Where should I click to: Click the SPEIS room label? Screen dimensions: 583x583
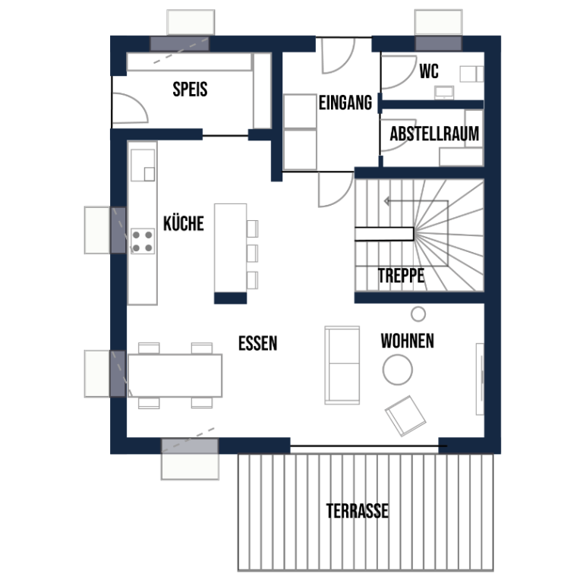click(x=190, y=90)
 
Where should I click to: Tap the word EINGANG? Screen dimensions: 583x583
click(x=345, y=102)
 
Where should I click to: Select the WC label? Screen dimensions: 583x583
click(x=429, y=71)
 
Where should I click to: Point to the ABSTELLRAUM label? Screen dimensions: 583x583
click(x=434, y=134)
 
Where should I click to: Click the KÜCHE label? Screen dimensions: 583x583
click(x=184, y=223)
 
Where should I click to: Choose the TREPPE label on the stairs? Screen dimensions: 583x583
click(x=401, y=276)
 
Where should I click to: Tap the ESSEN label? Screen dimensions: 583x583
click(x=257, y=343)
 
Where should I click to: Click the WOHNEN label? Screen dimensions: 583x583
click(x=408, y=341)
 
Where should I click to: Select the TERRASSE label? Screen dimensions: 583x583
click(x=358, y=511)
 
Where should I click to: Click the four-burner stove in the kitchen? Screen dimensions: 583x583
click(x=143, y=241)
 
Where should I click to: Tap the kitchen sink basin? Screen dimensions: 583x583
click(x=143, y=165)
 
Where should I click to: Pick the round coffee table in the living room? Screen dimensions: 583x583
click(x=398, y=370)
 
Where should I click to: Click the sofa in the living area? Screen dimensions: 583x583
click(x=342, y=365)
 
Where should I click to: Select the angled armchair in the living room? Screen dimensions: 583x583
click(x=405, y=416)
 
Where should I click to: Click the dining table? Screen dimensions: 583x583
click(x=175, y=376)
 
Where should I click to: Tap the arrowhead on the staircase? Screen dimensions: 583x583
click(x=386, y=201)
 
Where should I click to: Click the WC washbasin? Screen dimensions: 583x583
click(x=444, y=93)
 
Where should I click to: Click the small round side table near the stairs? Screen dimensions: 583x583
click(x=418, y=314)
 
